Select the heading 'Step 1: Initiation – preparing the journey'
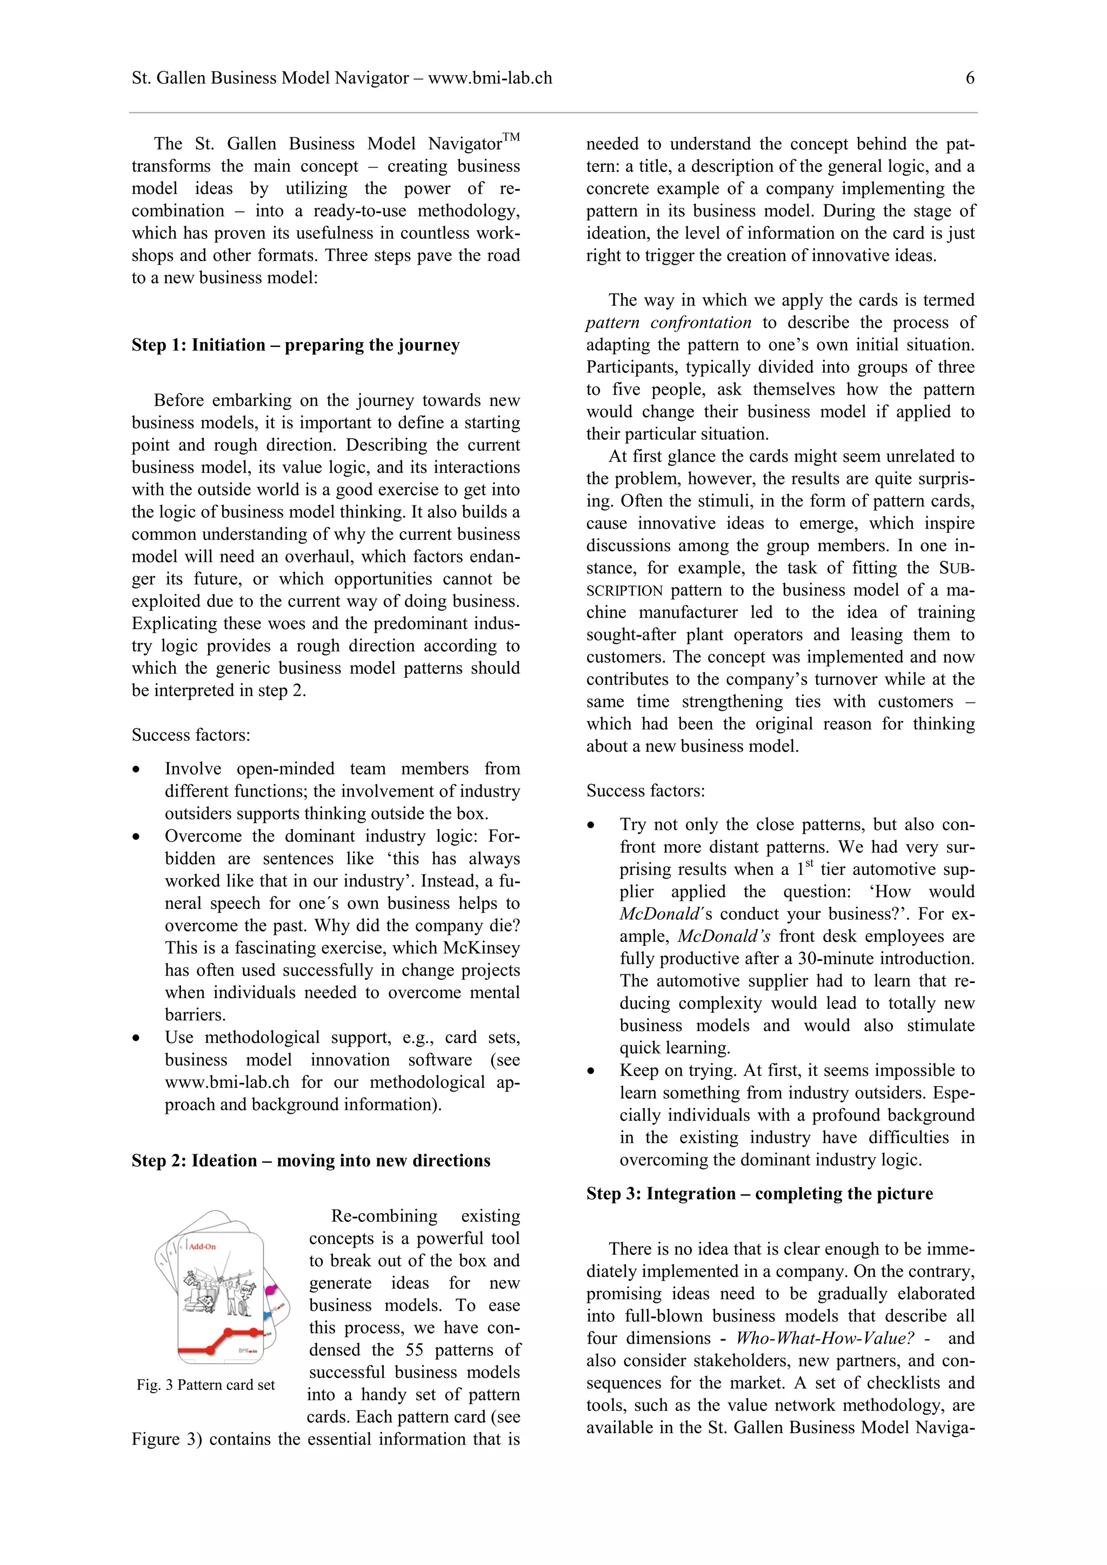coord(295,345)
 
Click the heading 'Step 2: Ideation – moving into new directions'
coord(310,1161)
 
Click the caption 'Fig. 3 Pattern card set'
coord(205,1385)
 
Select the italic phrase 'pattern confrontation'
coord(668,323)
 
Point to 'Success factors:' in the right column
coord(645,791)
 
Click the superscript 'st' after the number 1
coord(809,864)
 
